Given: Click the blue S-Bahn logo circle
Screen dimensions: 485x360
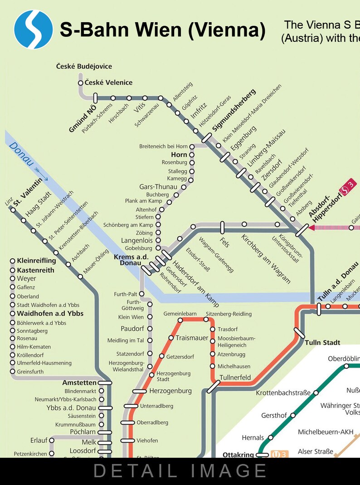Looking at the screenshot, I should pos(34,29).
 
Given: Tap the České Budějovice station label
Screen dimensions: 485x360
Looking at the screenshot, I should pos(84,67).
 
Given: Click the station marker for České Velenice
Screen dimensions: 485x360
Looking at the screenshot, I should pos(81,83).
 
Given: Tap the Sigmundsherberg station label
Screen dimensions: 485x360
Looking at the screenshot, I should pos(234,110).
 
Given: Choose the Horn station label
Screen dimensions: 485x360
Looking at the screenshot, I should pos(179,155).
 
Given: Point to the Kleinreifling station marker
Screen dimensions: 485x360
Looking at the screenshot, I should pos(12,261).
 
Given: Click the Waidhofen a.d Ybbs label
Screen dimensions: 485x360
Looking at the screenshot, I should pos(50,313).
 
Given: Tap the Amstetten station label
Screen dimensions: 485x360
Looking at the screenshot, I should pos(79,383).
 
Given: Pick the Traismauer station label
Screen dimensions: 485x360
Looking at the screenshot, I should pos(192,338).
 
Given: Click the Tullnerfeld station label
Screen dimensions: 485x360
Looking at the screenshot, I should pos(235,377).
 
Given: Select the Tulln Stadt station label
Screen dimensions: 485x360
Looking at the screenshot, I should pos(322,343).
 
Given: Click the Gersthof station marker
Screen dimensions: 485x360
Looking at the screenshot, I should pos(293,415).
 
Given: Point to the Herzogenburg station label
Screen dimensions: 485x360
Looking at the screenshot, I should pos(170,391).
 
